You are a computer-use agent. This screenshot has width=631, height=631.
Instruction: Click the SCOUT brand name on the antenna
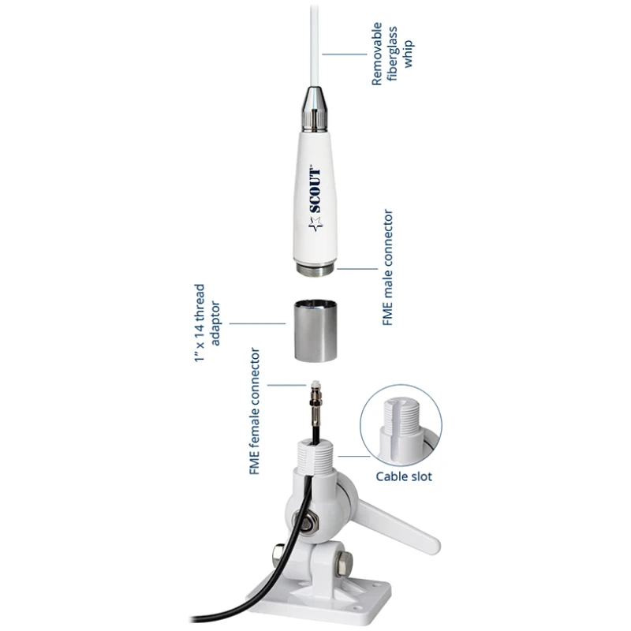coord(315,190)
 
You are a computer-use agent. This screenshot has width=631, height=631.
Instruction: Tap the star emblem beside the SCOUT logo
coord(315,224)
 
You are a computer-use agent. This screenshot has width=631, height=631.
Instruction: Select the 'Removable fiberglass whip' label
coord(391,54)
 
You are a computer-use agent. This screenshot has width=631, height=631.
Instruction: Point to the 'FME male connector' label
coord(387,267)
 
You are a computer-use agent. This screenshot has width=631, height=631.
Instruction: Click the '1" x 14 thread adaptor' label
coord(207,323)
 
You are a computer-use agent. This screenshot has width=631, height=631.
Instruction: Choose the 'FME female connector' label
coord(255,411)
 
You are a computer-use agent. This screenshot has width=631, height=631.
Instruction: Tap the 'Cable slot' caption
coord(404,476)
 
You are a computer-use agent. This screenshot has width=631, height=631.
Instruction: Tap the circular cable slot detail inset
coord(401,425)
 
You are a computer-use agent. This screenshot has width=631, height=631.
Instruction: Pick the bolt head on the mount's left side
coord(278,556)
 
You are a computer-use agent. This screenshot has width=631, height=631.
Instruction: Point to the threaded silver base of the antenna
coord(315,269)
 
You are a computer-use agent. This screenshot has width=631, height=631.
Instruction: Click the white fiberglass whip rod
coord(315,44)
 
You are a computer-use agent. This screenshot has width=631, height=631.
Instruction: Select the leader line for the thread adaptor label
coord(257,323)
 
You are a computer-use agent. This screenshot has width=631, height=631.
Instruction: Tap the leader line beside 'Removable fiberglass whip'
coord(345,54)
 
